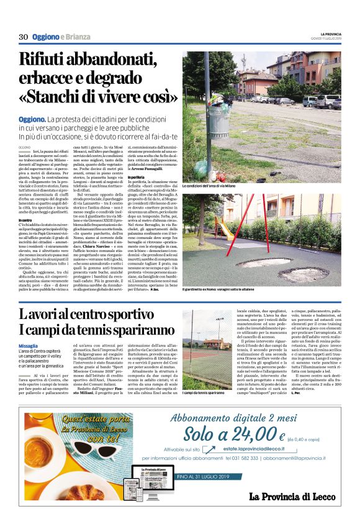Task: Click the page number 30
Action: [24, 37]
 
